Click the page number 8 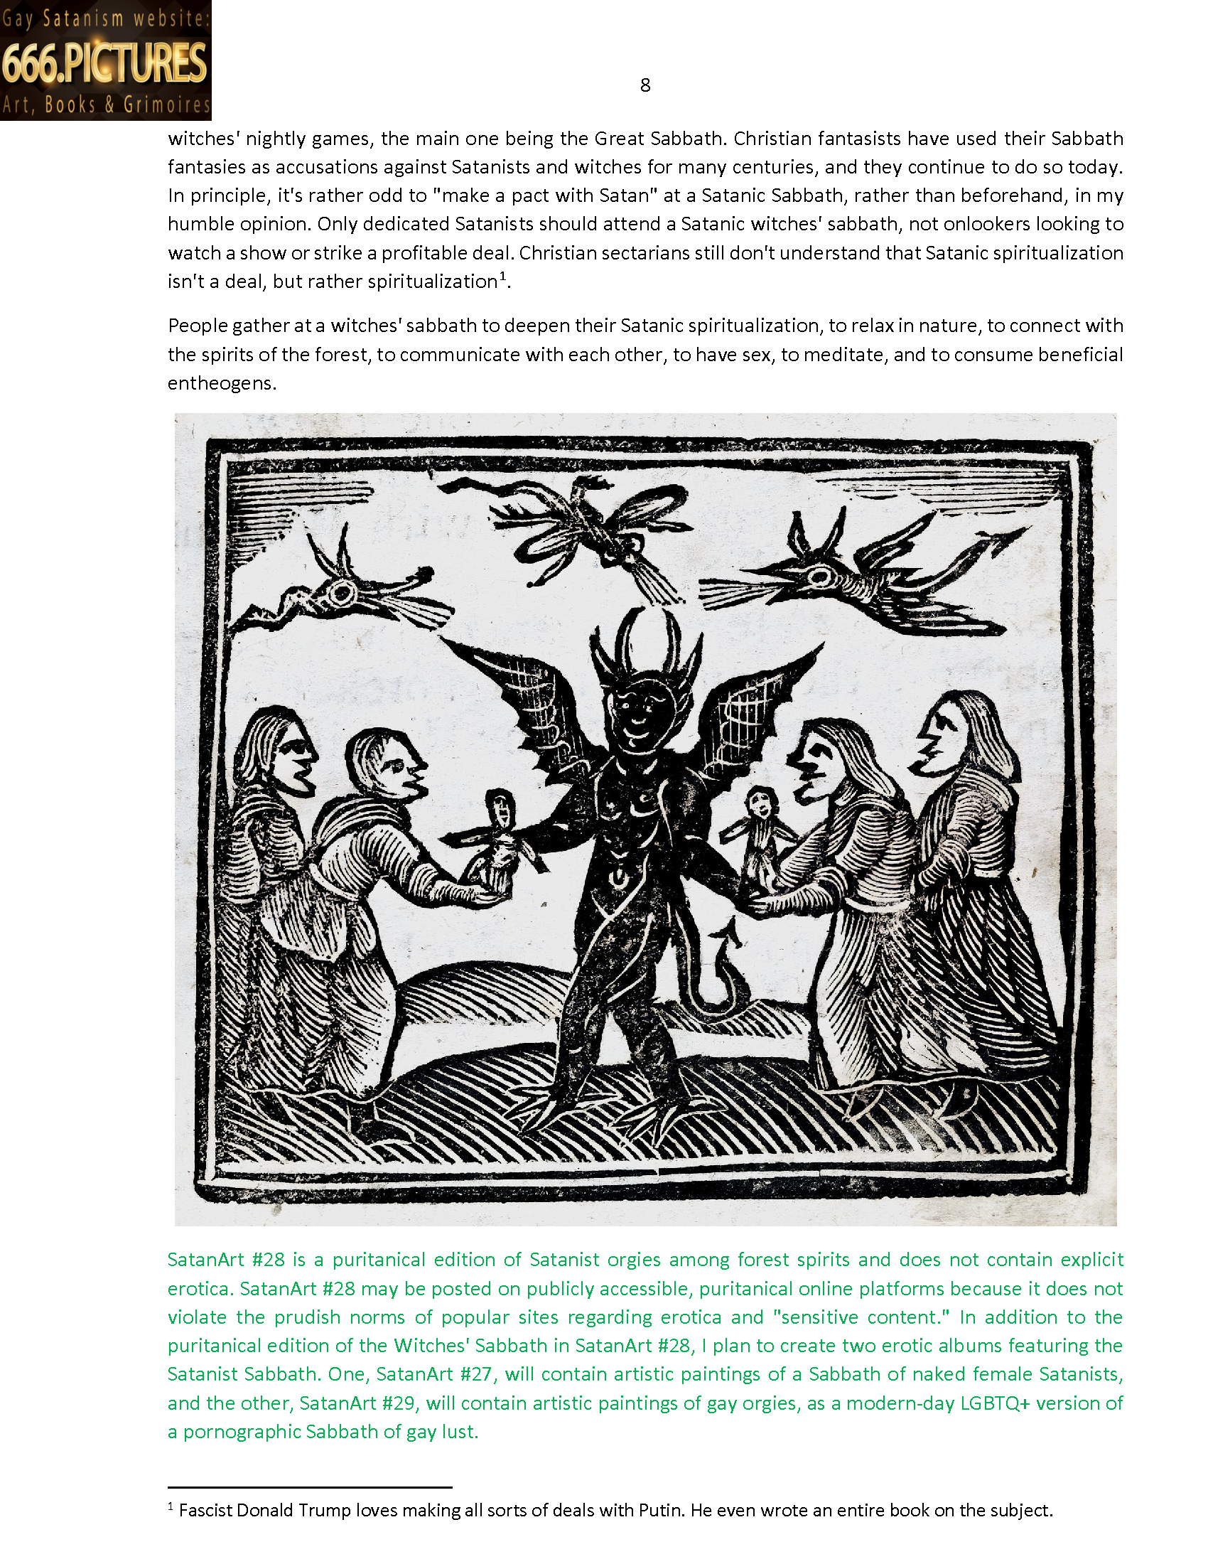(x=645, y=85)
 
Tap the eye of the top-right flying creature (x=819, y=575)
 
